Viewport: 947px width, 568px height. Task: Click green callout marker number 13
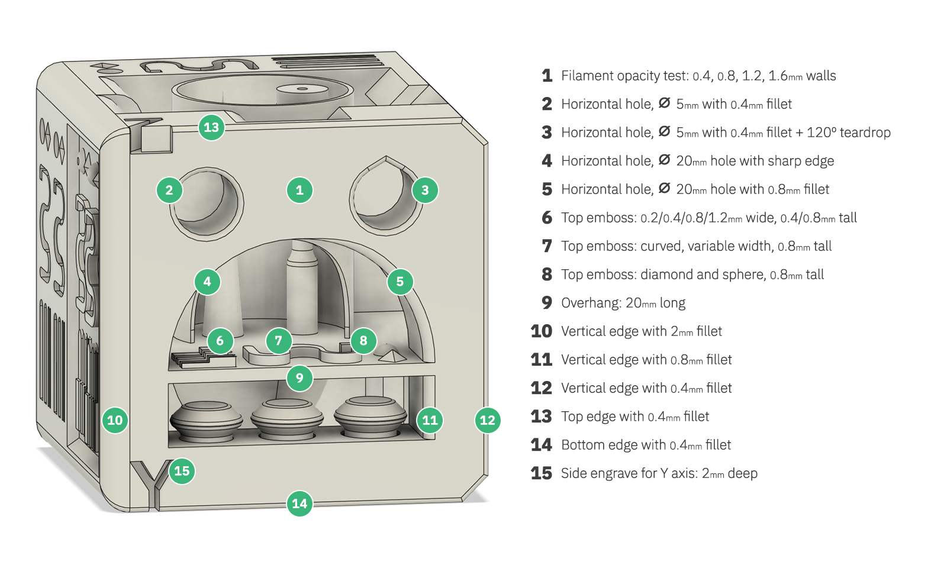pos(211,127)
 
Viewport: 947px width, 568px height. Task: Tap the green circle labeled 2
pos(169,191)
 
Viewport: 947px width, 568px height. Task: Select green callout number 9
pos(299,378)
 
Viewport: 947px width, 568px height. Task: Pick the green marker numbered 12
pos(488,420)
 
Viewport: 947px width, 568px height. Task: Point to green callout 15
pos(182,471)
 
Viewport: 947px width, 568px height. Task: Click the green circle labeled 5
pos(400,282)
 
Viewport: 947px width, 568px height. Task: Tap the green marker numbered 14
pos(299,504)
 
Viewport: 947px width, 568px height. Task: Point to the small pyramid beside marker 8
pos(392,354)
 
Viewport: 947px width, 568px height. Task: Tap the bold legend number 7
pos(547,246)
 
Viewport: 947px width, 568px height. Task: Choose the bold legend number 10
pos(541,331)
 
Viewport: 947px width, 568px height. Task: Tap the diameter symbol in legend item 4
pos(665,160)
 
